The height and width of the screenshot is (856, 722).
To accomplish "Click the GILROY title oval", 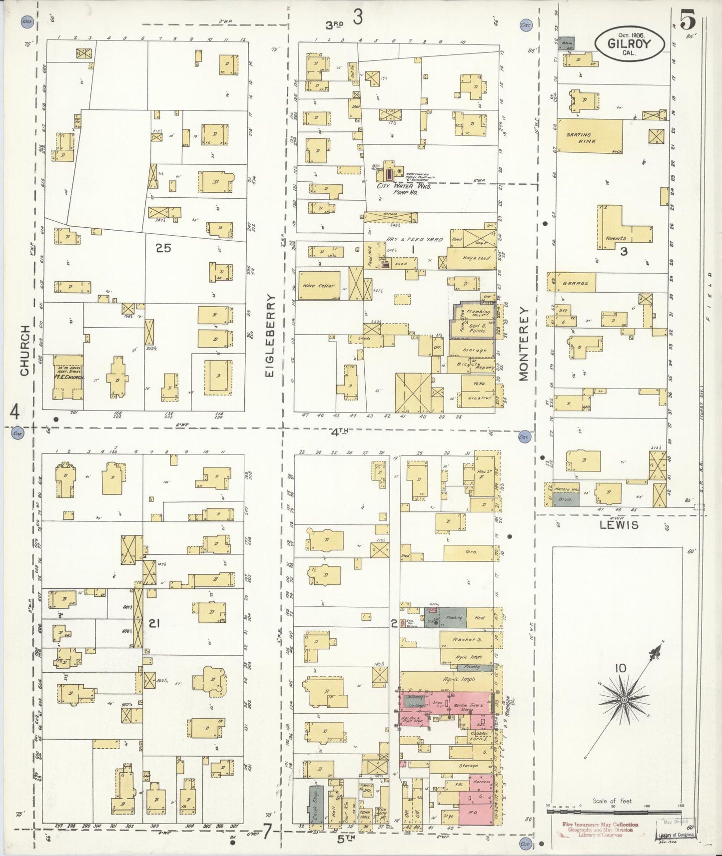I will [630, 43].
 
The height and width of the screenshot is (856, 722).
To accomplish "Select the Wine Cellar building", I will [319, 286].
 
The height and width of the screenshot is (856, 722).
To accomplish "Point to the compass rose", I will [624, 700].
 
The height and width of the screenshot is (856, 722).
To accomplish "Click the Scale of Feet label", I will [612, 801].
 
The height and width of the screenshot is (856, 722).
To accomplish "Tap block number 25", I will [163, 248].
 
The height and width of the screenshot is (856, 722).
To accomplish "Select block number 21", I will [154, 623].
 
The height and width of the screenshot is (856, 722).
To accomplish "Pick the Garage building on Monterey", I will [575, 283].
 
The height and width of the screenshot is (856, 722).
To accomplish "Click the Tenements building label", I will [616, 238].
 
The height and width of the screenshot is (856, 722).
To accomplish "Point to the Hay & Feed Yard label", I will [414, 240].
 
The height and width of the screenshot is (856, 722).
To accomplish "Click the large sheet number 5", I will [688, 21].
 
